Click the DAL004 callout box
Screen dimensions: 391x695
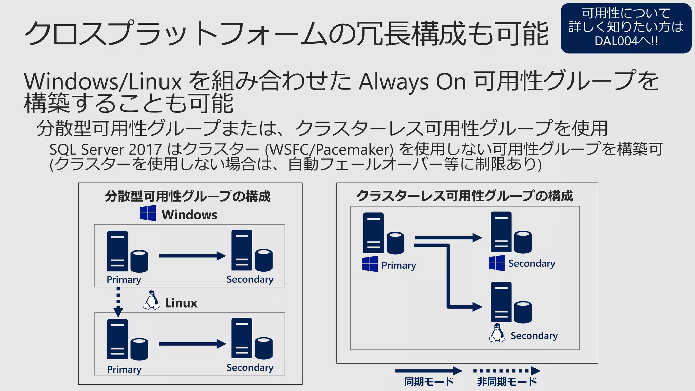point(625,28)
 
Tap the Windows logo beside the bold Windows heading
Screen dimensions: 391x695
point(148,213)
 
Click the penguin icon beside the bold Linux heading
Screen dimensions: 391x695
point(151,300)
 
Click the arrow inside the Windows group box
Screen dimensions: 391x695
point(192,256)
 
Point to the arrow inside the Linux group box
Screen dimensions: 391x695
point(192,344)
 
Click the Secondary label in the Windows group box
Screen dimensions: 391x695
point(250,279)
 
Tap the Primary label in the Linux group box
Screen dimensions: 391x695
point(124,369)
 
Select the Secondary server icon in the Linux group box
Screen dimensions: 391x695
point(251,338)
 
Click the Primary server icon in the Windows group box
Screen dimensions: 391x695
point(127,252)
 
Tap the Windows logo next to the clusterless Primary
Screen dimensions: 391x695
point(370,264)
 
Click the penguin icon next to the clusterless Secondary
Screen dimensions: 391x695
point(497,333)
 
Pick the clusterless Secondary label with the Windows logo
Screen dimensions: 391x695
point(531,264)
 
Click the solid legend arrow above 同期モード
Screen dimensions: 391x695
point(429,371)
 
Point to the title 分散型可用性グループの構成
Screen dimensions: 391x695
point(188,197)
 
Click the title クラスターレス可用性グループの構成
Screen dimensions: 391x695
point(465,196)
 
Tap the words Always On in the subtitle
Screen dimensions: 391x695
point(412,82)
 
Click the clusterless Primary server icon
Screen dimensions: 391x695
point(383,234)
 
